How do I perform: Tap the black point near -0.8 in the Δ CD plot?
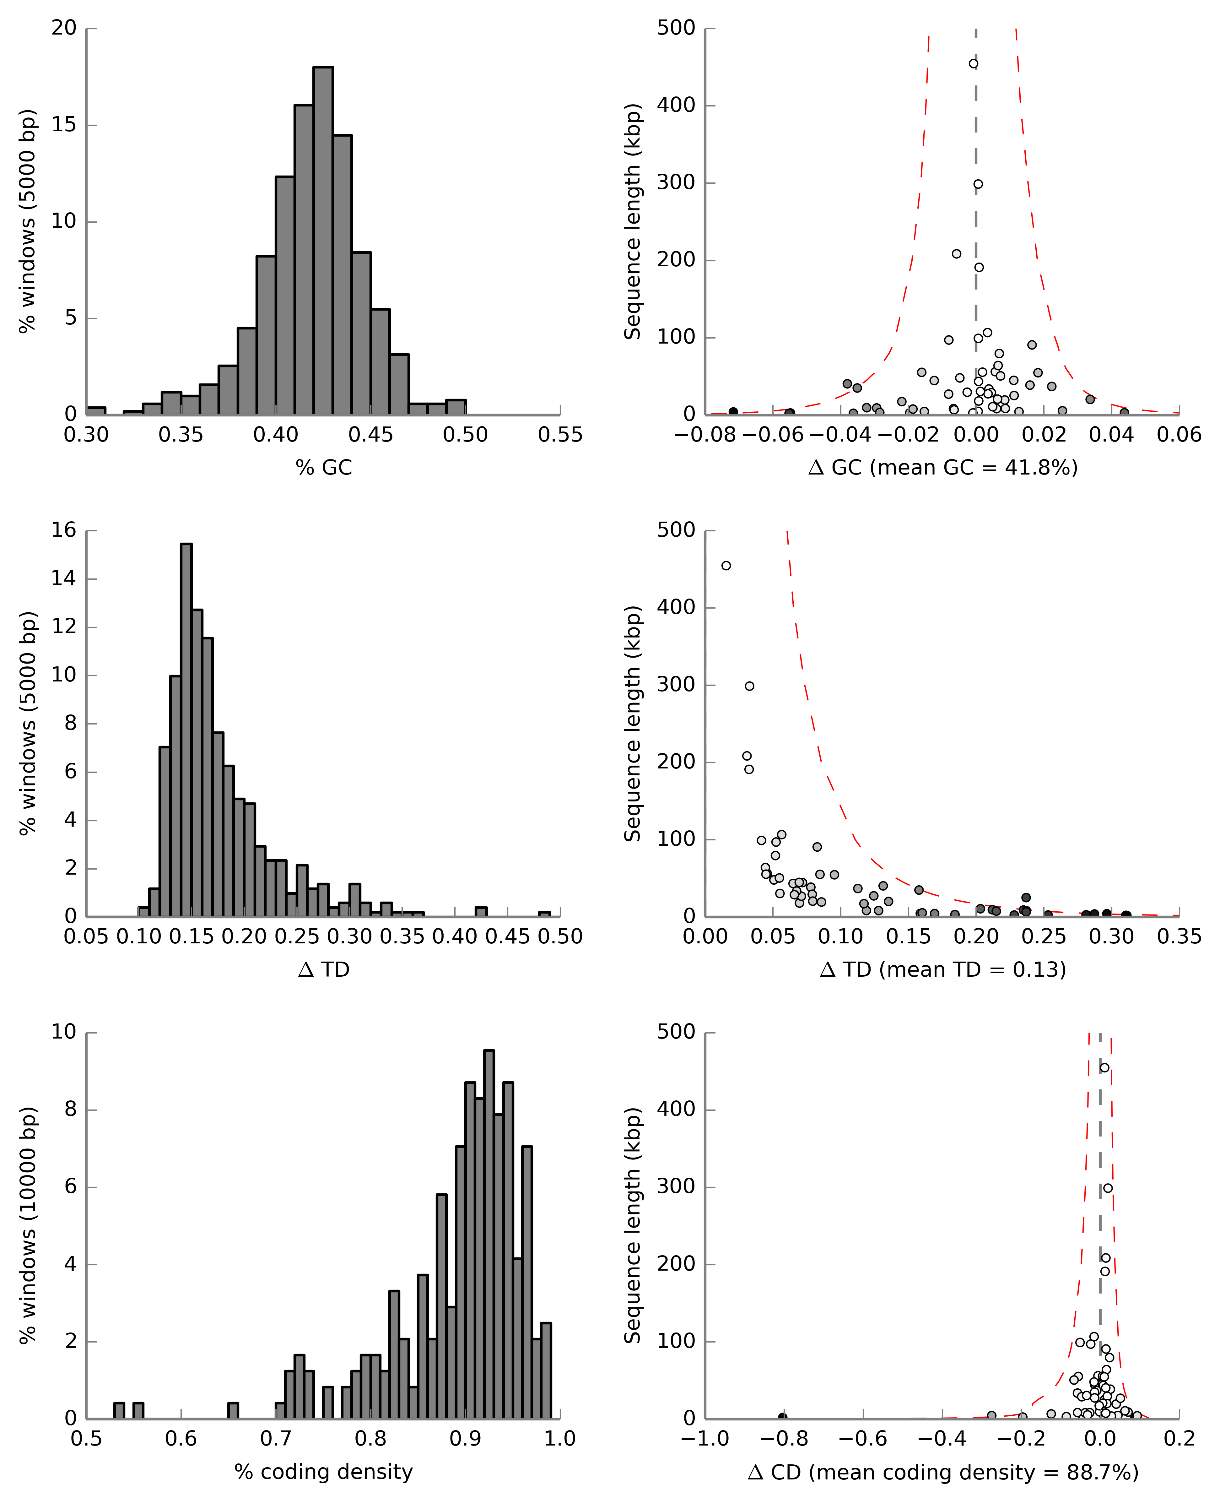782,1417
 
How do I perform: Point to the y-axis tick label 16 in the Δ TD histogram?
64,530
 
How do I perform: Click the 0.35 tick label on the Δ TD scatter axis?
1179,937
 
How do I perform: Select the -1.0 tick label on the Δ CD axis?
705,1439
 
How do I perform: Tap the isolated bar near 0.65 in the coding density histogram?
233,1411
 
